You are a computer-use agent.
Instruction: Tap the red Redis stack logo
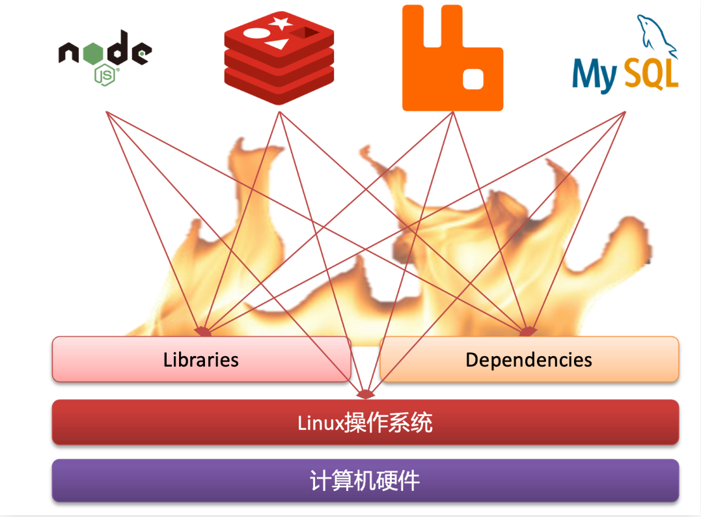point(279,58)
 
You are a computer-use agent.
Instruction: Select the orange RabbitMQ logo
point(452,58)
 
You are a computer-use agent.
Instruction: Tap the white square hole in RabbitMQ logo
point(473,79)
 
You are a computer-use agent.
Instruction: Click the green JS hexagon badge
point(105,75)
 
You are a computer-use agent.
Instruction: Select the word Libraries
point(200,359)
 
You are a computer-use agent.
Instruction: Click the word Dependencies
point(529,360)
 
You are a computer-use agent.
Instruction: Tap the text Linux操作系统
point(365,423)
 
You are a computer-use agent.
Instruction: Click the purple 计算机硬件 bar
point(365,481)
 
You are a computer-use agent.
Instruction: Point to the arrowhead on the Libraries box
point(203,331)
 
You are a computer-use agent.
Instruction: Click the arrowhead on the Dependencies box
point(528,331)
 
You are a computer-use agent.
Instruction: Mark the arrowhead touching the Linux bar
point(366,394)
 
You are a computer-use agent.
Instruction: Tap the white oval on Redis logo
point(255,33)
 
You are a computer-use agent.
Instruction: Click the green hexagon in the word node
point(93,53)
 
